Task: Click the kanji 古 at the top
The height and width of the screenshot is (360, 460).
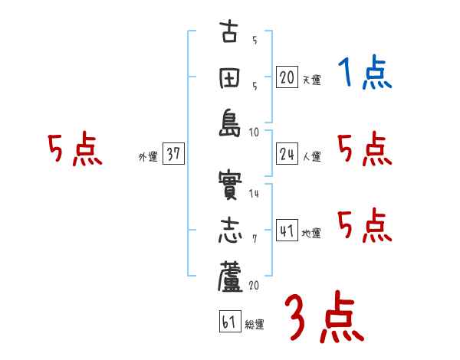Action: pyautogui.click(x=228, y=34)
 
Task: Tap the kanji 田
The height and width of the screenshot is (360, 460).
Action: pyautogui.click(x=228, y=79)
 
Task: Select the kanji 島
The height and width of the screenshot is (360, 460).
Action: pyautogui.click(x=228, y=124)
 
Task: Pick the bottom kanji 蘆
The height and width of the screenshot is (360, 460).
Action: pyautogui.click(x=228, y=277)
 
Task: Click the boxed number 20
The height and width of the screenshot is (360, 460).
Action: pyautogui.click(x=287, y=77)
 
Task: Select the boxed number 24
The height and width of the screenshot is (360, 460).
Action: pyautogui.click(x=287, y=154)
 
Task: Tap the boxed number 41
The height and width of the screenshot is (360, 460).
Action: pyautogui.click(x=287, y=230)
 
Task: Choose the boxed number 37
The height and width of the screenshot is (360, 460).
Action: pyautogui.click(x=173, y=154)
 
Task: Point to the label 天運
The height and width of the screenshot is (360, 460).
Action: pyautogui.click(x=311, y=80)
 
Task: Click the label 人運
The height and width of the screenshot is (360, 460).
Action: pyautogui.click(x=311, y=157)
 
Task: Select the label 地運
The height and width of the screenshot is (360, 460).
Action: pyautogui.click(x=311, y=233)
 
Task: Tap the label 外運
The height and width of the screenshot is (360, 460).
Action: pyautogui.click(x=148, y=157)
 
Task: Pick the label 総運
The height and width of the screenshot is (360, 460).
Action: pyautogui.click(x=255, y=325)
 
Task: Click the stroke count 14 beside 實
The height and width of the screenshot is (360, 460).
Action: pyautogui.click(x=254, y=194)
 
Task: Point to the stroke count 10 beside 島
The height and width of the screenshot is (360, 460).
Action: pyautogui.click(x=254, y=131)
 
